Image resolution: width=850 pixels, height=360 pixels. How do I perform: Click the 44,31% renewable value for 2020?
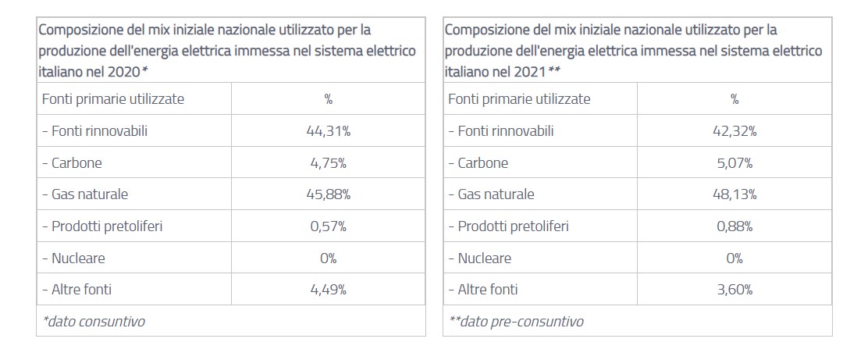click(329, 131)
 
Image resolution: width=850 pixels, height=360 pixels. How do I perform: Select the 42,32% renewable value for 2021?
click(734, 131)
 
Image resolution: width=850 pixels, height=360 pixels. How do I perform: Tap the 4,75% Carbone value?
click(329, 163)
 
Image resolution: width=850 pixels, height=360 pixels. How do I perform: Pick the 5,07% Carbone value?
click(734, 163)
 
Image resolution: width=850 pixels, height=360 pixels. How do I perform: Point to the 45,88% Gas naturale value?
click(329, 194)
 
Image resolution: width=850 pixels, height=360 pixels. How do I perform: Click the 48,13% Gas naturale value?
click(734, 194)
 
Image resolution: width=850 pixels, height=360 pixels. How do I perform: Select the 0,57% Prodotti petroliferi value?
click(329, 226)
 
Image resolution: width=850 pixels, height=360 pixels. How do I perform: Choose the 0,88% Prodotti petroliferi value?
click(734, 226)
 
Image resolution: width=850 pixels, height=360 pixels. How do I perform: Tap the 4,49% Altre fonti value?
click(329, 290)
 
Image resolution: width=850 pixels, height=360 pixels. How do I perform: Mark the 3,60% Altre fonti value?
click(734, 290)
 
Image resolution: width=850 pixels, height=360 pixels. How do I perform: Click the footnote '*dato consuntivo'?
click(94, 321)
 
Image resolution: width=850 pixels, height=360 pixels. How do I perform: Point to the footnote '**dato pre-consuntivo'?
click(516, 321)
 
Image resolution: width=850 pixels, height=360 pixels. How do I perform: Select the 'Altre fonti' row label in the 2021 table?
click(483, 290)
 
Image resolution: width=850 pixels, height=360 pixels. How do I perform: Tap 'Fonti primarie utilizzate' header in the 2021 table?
click(519, 99)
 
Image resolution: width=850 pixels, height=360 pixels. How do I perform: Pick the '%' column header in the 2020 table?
click(329, 99)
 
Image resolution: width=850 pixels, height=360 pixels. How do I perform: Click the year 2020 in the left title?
click(123, 71)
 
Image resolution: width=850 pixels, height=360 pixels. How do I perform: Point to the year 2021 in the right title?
click(529, 71)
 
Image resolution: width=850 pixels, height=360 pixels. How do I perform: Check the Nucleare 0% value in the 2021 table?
click(734, 258)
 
